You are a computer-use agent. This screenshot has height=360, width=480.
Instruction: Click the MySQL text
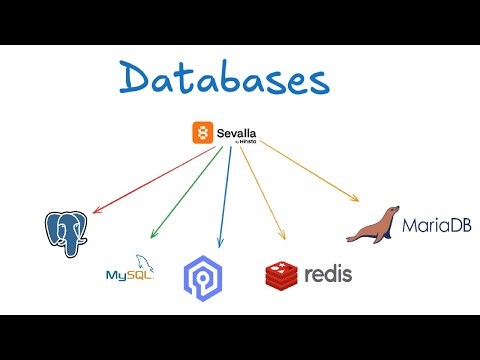126,274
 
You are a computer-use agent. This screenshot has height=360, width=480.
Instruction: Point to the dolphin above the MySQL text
140,260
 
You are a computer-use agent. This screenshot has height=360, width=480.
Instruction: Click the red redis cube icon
281,273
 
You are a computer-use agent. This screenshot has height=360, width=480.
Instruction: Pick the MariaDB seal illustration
373,227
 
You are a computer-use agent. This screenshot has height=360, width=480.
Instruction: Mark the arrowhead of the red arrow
94,212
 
